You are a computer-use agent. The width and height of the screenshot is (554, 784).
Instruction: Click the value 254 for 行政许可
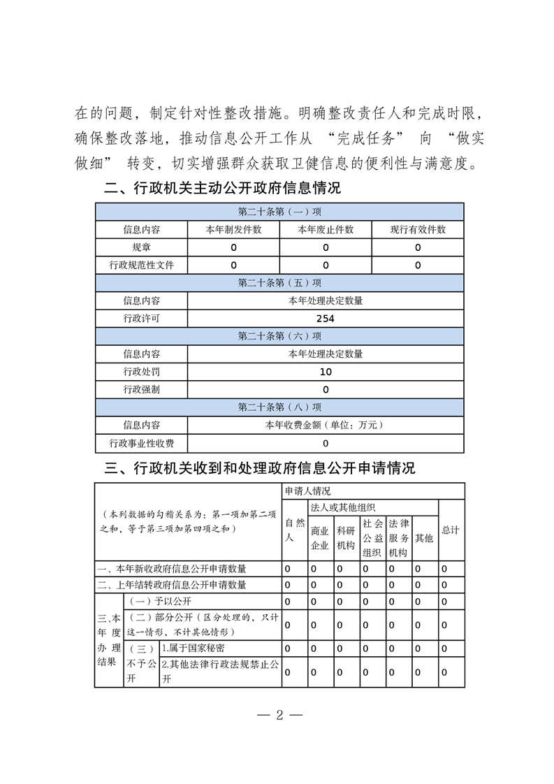point(326,319)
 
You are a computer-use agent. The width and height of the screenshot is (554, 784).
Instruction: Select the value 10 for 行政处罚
point(326,372)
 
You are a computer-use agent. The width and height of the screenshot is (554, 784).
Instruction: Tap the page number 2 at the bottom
point(278,715)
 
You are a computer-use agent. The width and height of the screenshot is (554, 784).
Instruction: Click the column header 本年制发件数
point(233,229)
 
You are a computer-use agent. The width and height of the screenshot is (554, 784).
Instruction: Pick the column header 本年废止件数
point(326,229)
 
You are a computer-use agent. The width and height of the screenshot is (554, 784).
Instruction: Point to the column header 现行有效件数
point(418,229)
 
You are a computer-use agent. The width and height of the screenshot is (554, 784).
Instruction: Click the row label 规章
point(141,247)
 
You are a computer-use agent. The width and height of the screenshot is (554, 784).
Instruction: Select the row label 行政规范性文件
point(141,266)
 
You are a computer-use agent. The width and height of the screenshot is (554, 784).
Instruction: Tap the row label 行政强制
point(141,389)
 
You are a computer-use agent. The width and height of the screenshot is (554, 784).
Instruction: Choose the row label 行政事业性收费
point(141,443)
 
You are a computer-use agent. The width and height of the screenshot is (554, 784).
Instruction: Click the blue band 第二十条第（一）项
point(279,212)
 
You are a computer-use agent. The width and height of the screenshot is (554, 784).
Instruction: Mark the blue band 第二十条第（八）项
point(279,407)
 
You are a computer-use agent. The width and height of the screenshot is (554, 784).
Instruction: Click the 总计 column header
point(451,530)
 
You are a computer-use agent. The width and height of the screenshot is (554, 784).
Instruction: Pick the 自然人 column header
point(294,530)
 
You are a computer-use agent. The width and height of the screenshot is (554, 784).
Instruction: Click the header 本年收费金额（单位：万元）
point(326,425)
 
